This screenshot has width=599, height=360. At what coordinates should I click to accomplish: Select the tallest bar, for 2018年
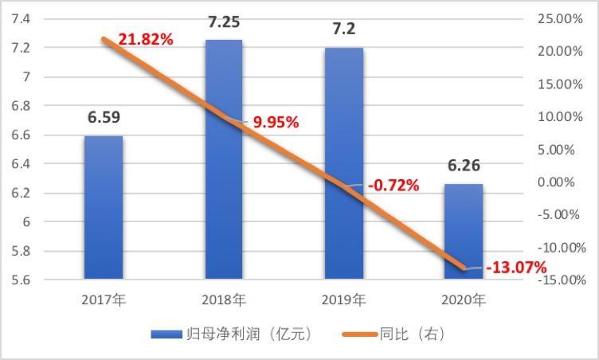[223, 159]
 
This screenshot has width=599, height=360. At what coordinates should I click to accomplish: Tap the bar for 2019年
[343, 163]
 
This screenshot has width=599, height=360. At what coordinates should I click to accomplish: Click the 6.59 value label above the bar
[104, 118]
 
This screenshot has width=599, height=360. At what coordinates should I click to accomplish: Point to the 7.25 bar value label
[224, 22]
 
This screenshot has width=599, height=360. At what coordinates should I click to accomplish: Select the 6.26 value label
[463, 166]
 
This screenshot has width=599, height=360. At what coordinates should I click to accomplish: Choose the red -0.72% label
[393, 186]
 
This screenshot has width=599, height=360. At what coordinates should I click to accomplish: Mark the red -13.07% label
[517, 267]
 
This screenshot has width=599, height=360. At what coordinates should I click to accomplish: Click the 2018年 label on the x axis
[224, 300]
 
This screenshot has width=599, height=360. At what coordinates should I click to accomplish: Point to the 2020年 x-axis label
[463, 300]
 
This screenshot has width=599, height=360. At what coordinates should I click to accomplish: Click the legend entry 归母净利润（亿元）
[235, 335]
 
